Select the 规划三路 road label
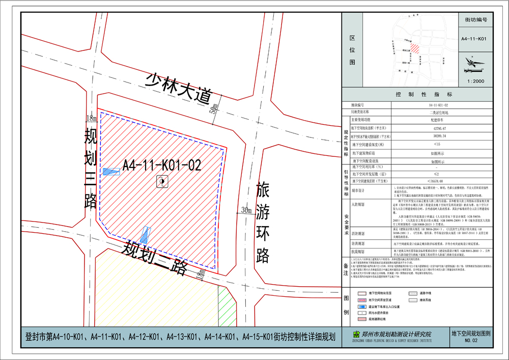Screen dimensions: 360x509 click(91, 169)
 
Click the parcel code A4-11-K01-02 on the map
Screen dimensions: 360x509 click(162, 164)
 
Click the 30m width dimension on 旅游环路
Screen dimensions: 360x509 click(246, 210)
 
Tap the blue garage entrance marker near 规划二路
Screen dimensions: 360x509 click(146, 235)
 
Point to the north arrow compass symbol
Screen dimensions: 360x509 click(474, 63)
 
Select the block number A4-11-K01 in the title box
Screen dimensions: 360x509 click(474, 39)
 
